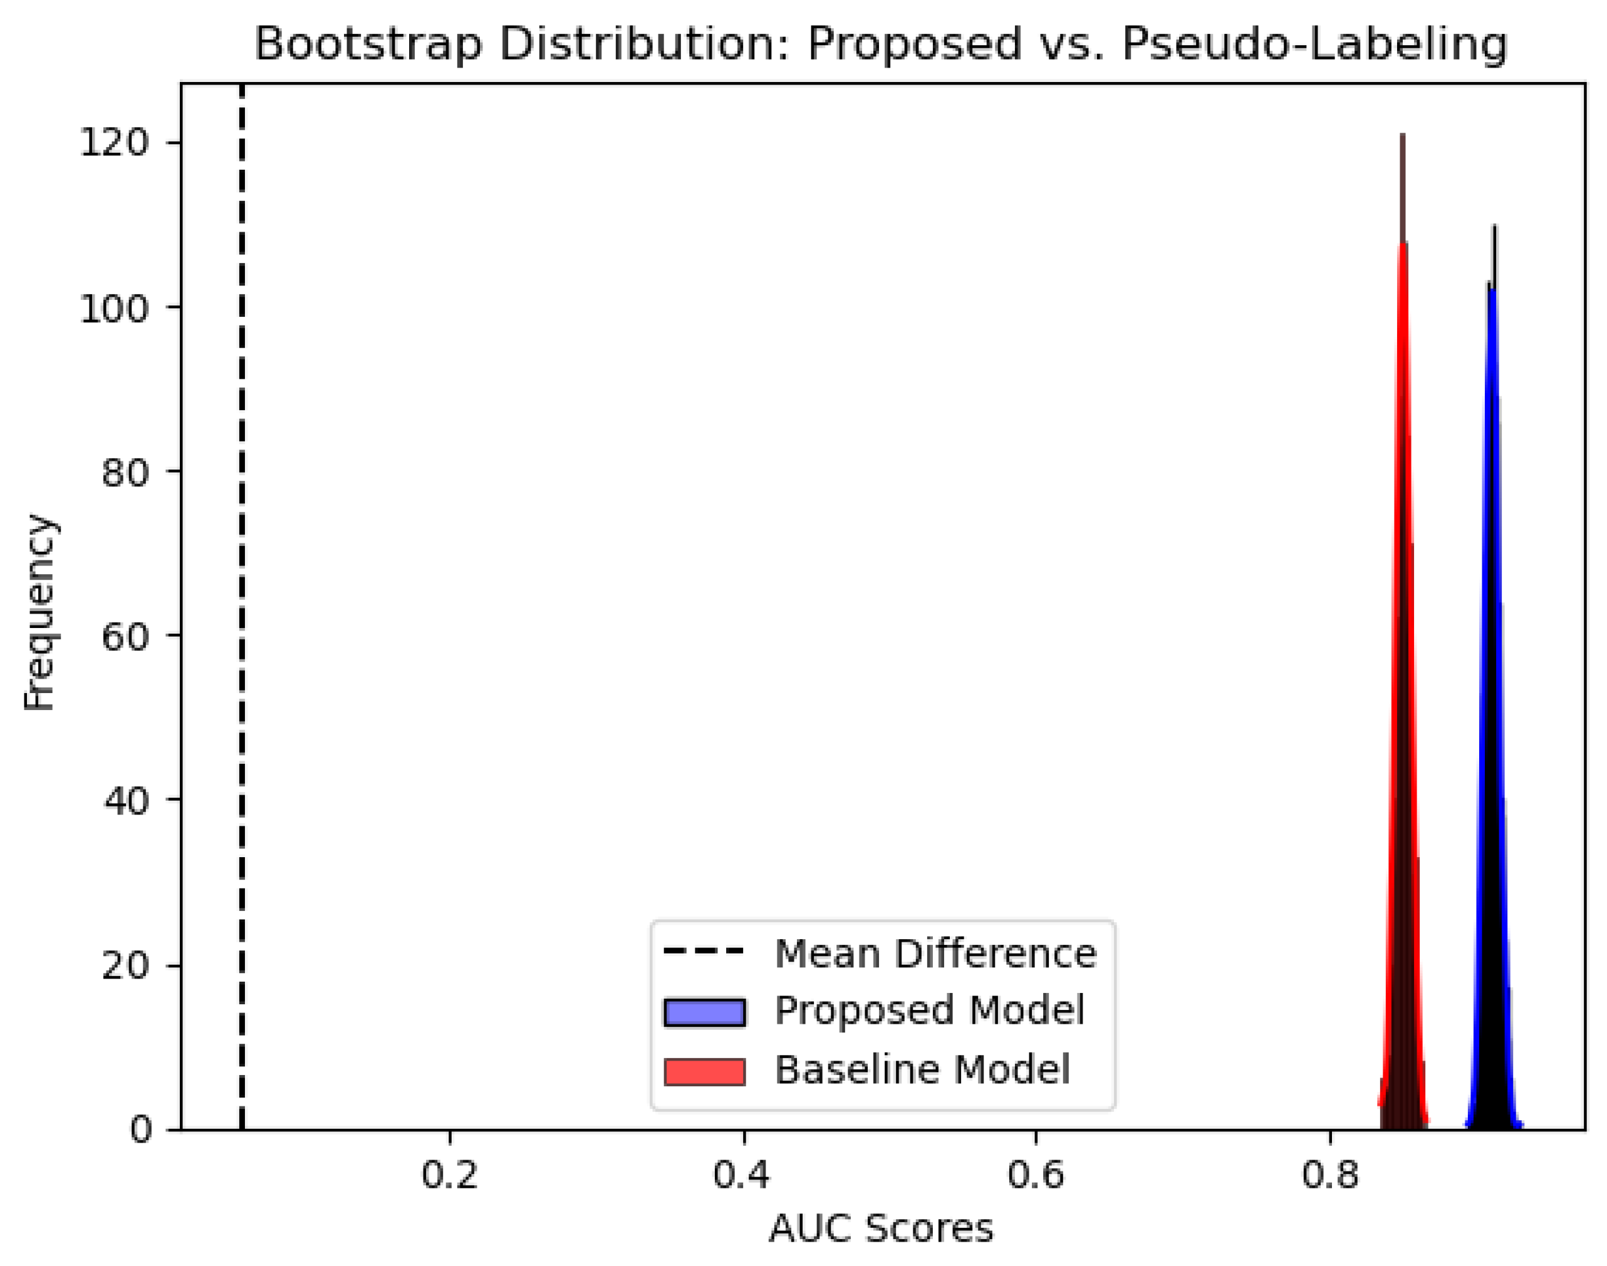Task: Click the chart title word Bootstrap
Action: pos(368,44)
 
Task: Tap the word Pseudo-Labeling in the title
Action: pos(1314,44)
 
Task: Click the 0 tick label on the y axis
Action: pos(140,1130)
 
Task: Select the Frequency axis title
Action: pos(39,612)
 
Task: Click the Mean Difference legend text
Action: pos(935,953)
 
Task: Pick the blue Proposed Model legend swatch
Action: pos(704,1012)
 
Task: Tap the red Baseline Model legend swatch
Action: pos(704,1072)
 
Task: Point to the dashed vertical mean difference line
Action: pos(242,593)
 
